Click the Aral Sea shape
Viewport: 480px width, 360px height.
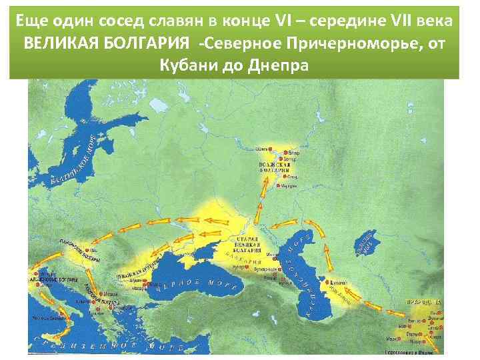click(365, 245)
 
